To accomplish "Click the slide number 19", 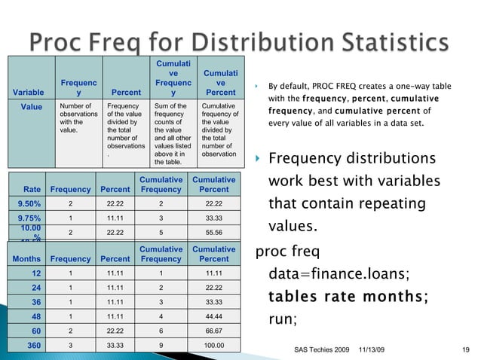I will point(465,349).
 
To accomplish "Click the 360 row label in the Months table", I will point(33,345).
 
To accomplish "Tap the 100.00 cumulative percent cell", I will point(213,345).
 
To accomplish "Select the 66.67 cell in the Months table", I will point(213,330).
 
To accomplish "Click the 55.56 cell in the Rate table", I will point(213,233).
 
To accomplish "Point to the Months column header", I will point(25,258).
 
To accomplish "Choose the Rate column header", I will point(32,189).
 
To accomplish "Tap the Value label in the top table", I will point(31,107).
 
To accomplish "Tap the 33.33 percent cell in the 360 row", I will point(117,345).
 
